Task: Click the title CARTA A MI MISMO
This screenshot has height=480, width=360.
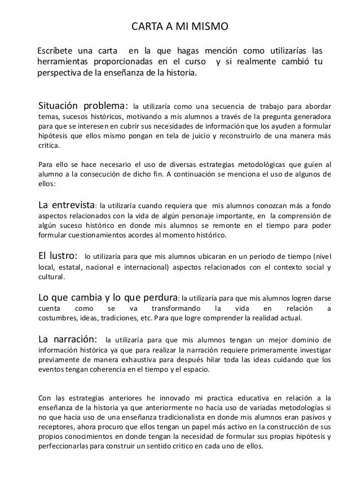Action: click(x=179, y=26)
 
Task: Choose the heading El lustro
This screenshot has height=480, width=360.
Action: click(x=58, y=256)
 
